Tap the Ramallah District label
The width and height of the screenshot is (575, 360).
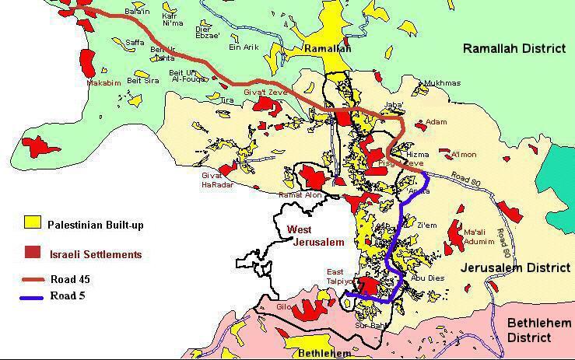tap(514, 48)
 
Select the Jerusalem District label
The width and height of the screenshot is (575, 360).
tap(514, 267)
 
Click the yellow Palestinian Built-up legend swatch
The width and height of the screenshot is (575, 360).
tap(33, 225)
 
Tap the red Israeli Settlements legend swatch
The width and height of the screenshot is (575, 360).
tap(33, 253)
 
